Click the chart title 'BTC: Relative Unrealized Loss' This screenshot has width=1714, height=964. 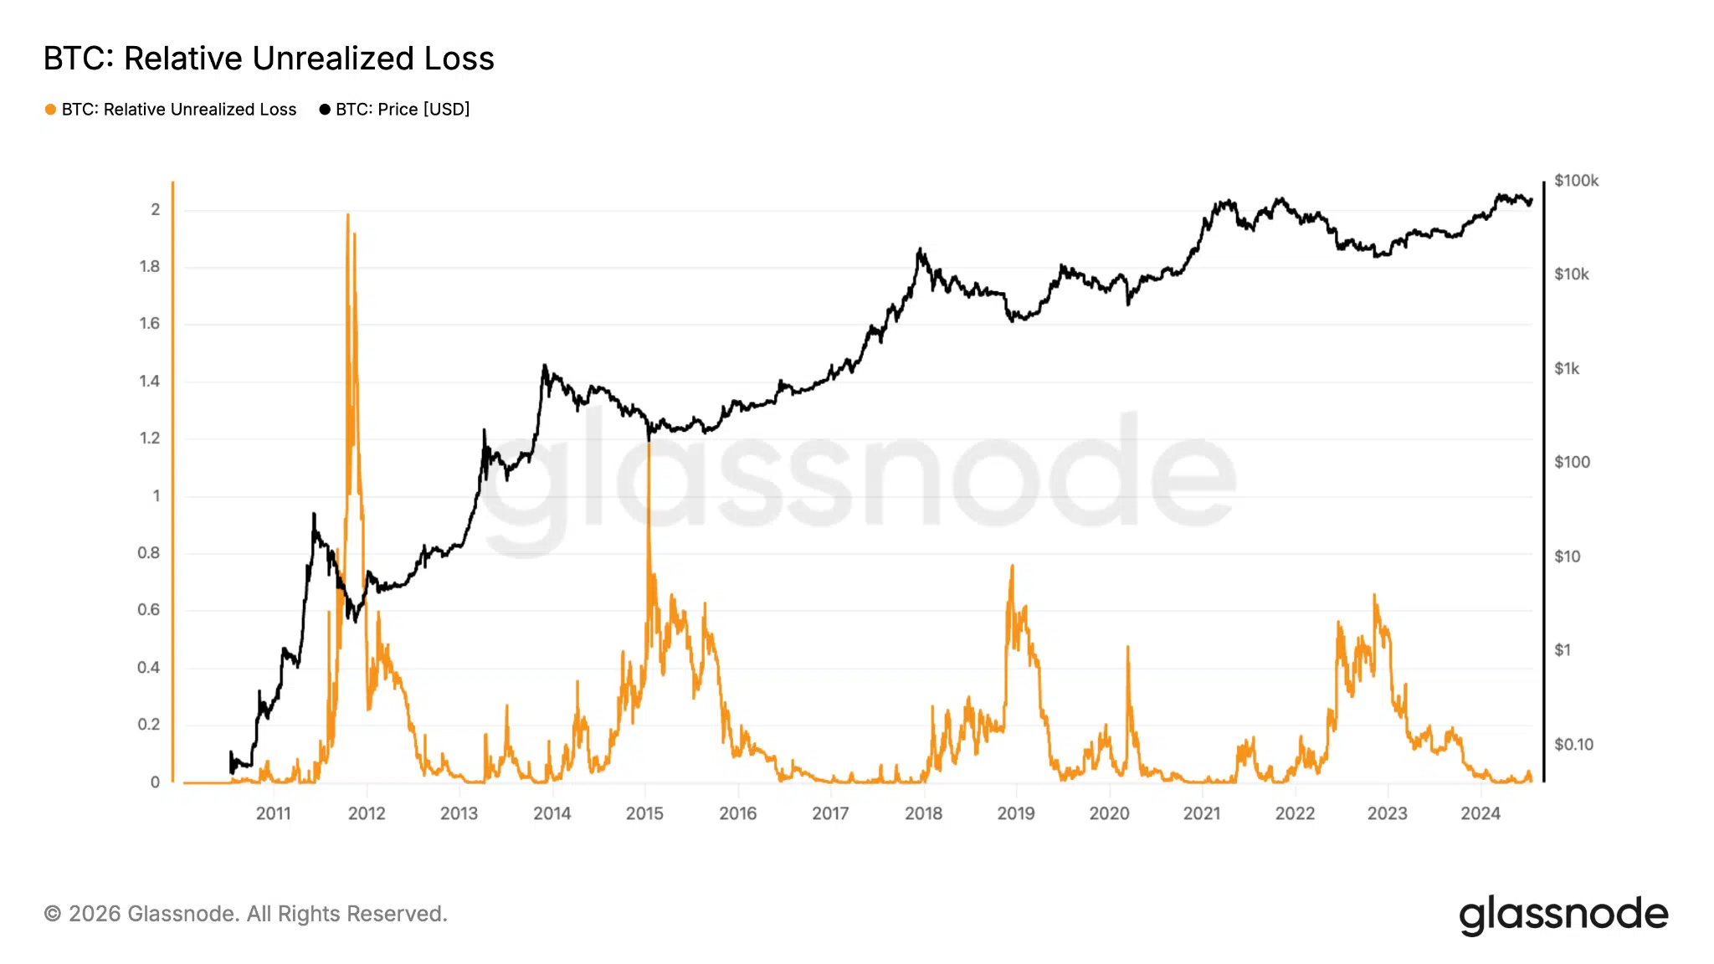coord(268,59)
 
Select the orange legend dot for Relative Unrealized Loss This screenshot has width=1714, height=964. coord(50,110)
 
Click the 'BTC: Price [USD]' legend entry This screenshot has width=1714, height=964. coord(402,110)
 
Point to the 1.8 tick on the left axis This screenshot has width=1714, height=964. coord(150,266)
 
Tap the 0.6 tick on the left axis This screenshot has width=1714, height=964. coord(149,610)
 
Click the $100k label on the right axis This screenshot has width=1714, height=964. coord(1576,181)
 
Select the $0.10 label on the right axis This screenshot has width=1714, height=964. coord(1573,744)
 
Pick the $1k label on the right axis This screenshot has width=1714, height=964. coord(1567,368)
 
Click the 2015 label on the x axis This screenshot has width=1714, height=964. coord(644,813)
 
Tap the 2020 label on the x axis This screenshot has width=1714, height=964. coord(1109,813)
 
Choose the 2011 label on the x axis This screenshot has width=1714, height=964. coord(273,813)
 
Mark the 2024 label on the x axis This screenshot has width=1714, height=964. coord(1480,813)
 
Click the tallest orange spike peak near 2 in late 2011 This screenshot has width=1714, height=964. coord(347,216)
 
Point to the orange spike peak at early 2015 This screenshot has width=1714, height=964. coord(649,444)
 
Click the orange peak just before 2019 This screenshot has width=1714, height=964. coord(1013,567)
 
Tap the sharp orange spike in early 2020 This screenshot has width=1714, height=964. coord(1127,647)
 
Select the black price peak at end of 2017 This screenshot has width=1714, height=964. coord(920,249)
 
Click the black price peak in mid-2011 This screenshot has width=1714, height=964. coord(314,514)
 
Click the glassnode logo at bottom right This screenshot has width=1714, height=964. coord(1563,915)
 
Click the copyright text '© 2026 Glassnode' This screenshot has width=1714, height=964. coord(245,914)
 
